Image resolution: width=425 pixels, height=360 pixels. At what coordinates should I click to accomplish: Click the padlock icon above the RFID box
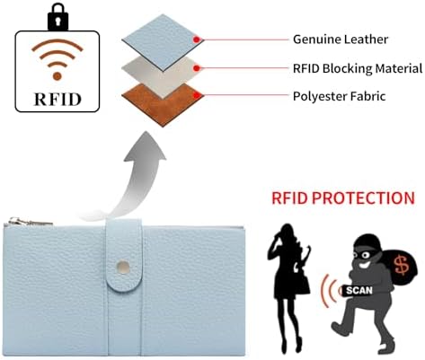point(58,18)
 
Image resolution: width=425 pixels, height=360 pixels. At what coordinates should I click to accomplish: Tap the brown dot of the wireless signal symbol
point(58,76)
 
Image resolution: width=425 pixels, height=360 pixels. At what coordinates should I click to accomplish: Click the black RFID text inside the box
point(58,99)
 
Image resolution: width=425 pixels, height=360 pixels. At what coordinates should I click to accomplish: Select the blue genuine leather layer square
point(163,42)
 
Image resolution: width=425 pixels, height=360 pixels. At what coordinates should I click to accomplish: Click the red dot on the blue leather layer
point(197,40)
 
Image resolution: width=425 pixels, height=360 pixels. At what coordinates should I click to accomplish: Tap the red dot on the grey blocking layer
point(197,68)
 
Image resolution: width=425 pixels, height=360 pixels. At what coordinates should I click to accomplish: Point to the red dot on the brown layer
point(197,96)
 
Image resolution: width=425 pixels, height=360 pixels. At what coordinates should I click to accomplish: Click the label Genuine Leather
point(341,40)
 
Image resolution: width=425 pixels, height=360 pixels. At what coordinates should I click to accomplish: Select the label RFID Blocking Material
point(358,68)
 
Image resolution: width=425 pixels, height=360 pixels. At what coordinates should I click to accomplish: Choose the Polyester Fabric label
point(339,96)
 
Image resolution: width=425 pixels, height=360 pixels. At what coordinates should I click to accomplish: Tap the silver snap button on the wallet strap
point(123,266)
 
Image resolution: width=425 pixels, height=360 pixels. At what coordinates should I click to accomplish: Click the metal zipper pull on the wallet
point(30,222)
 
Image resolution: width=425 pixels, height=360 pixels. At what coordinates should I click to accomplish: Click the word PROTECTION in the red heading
point(363,198)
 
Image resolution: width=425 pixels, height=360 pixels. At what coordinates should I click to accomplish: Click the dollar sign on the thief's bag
point(402,265)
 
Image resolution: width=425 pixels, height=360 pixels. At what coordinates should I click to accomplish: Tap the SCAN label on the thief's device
point(359,290)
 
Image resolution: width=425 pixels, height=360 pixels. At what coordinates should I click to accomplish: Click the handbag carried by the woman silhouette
point(303,284)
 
